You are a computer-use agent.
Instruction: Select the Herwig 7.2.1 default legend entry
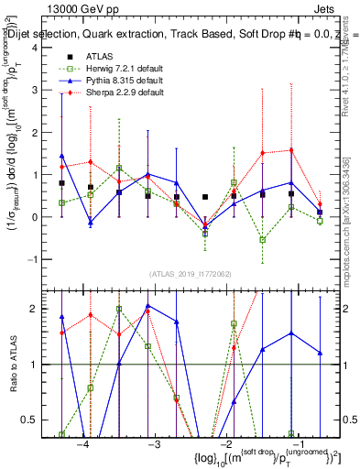coord(128,70)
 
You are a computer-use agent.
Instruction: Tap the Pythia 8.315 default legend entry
coord(128,82)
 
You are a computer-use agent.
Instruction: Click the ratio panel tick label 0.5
coord(33,420)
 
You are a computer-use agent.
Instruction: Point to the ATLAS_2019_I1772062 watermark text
coord(188,274)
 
